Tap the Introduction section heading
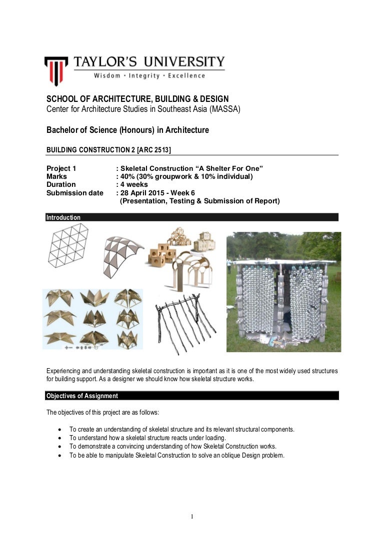(x=63, y=218)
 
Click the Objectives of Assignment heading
(x=82, y=396)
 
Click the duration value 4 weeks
(x=134, y=184)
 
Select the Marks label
(x=56, y=176)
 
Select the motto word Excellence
(x=186, y=76)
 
